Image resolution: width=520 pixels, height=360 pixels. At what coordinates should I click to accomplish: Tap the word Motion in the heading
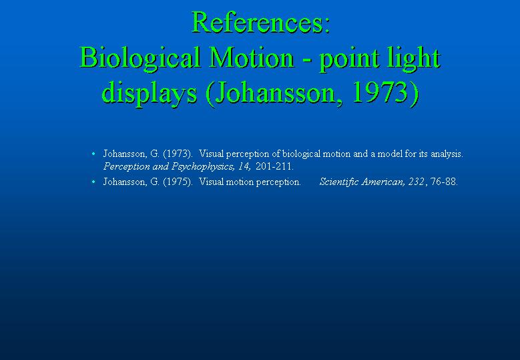pos(252,57)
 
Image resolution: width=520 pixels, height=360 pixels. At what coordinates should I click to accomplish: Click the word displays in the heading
pos(150,94)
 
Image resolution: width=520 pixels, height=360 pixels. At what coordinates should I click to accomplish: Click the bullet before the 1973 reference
pos(93,154)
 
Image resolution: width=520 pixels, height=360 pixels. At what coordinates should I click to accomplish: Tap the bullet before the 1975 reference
pos(93,182)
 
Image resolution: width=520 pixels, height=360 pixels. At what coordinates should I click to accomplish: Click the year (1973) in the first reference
pos(178,154)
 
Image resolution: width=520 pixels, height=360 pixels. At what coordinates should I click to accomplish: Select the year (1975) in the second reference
pos(178,182)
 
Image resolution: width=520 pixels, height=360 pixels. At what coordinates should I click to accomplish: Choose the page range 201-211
pos(274,166)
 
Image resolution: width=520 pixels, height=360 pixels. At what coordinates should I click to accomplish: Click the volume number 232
pos(417,182)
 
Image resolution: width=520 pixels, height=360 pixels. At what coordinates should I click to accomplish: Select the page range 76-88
pos(444,182)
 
